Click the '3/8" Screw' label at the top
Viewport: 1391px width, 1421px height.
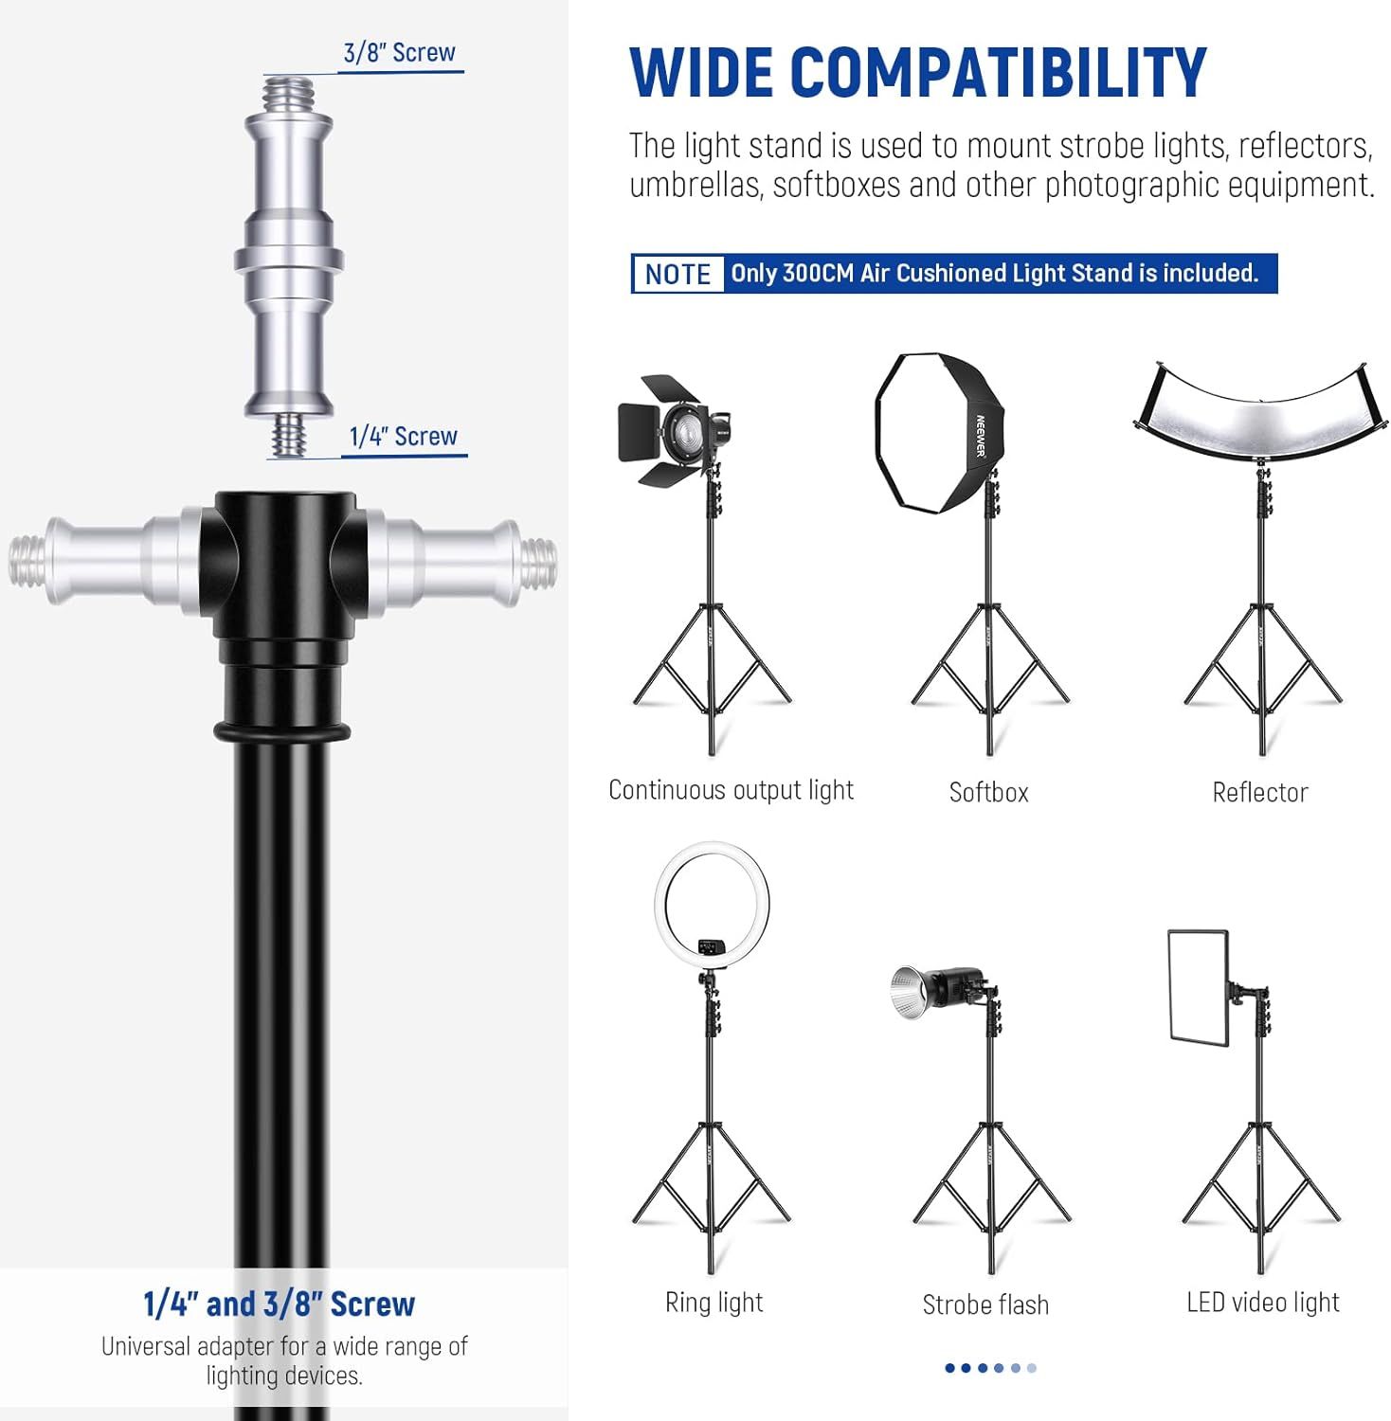[x=399, y=53]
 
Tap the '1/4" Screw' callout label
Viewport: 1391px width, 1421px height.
[x=404, y=437]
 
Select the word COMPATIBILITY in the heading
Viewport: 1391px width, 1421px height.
[x=999, y=72]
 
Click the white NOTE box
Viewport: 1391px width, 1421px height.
[x=677, y=274]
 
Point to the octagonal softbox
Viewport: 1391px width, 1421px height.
[x=939, y=433]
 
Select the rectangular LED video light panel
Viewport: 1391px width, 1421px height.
[x=1199, y=987]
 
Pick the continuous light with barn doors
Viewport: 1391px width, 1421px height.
[x=672, y=423]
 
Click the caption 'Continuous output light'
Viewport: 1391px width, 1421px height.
[x=731, y=790]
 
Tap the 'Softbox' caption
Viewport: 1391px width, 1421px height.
[x=988, y=792]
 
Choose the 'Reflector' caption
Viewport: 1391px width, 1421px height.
[x=1260, y=792]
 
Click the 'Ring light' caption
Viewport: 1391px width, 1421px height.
[x=714, y=1303]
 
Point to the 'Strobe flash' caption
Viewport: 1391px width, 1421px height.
[x=985, y=1304]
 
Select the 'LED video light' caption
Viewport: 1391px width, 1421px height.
[x=1263, y=1303]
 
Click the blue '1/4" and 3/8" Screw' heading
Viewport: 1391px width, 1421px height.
[x=280, y=1304]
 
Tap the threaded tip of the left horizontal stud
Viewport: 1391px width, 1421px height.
[x=26, y=562]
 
